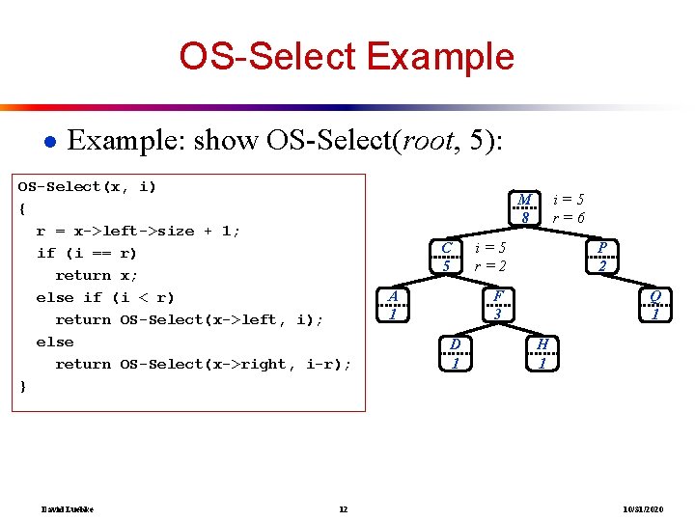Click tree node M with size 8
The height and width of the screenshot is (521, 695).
[x=524, y=208]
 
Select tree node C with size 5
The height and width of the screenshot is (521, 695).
[x=446, y=257]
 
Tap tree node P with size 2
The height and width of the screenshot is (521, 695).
[x=601, y=257]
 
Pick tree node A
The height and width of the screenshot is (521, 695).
[x=392, y=304]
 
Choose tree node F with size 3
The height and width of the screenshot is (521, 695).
[x=497, y=304]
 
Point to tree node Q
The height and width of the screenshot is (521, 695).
[x=655, y=304]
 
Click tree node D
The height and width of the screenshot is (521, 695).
[x=455, y=353]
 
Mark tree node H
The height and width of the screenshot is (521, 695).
[x=542, y=353]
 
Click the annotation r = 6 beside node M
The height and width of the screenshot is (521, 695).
[x=568, y=218]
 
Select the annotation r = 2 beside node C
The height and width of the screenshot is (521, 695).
[x=490, y=265]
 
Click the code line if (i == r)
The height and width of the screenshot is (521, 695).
[x=86, y=253]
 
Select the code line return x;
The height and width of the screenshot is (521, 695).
[x=97, y=275]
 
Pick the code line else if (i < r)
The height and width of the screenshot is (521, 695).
[x=104, y=297]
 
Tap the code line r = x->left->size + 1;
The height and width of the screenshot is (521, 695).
[x=138, y=231]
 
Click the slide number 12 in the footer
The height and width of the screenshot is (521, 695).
[x=343, y=508]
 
